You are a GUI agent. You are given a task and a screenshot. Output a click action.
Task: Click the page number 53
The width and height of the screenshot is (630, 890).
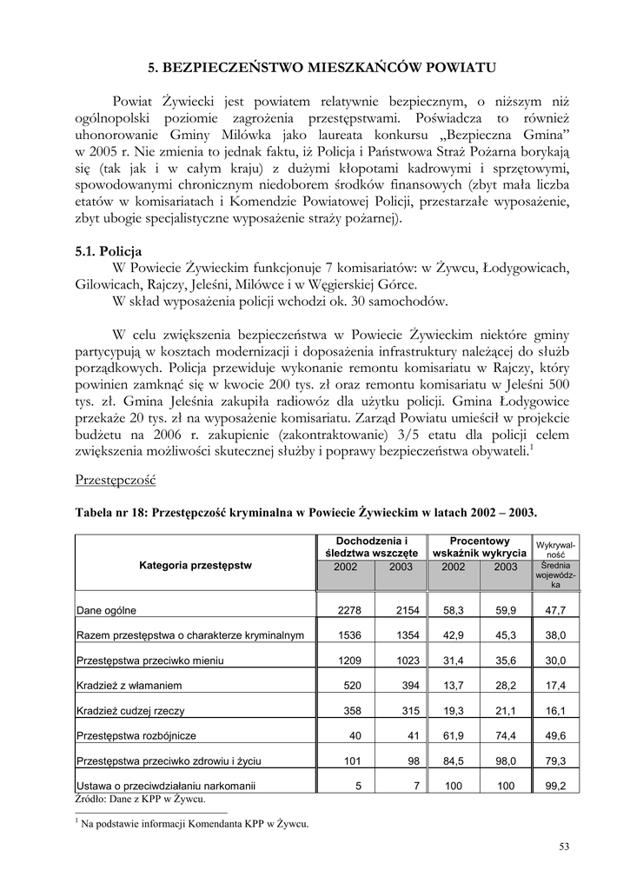coord(565,847)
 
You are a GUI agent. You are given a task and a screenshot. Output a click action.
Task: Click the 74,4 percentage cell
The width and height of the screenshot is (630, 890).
coord(506,736)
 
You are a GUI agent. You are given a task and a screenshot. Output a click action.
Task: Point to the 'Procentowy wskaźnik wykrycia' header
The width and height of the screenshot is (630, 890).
coord(479,546)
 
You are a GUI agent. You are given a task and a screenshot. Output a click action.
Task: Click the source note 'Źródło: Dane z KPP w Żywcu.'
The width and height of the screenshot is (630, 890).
coord(140,799)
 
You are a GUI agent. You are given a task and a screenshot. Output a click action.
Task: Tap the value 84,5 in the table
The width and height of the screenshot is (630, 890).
coord(453,761)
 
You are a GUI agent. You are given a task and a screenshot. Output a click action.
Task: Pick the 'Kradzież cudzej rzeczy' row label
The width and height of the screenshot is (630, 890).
coord(130,711)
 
